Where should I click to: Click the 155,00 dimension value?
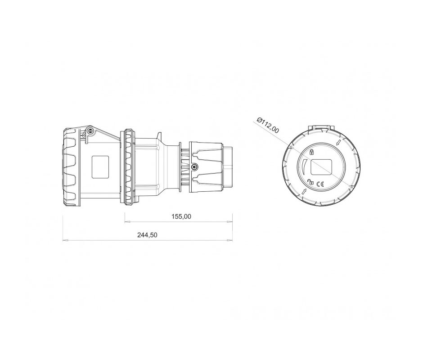coord(181,216)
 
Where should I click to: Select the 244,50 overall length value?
coord(147,235)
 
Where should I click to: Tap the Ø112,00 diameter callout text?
coord(268,125)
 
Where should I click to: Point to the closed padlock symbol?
coord(311,152)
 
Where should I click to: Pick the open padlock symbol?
coord(310,182)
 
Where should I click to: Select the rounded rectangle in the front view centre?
coord(321,167)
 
